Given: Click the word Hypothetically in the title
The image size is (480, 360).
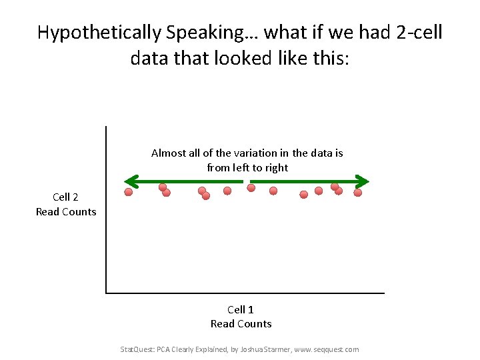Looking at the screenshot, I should [x=91, y=33].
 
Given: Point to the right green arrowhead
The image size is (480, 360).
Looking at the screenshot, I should [x=362, y=181].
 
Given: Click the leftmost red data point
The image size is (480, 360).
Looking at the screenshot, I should [x=129, y=193].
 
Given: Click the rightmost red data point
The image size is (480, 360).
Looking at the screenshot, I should [x=357, y=193].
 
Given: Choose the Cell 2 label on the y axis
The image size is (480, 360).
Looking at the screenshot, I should [x=65, y=197].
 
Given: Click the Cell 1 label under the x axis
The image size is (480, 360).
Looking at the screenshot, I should [x=241, y=309].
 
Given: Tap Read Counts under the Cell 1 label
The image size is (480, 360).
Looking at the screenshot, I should [x=241, y=324].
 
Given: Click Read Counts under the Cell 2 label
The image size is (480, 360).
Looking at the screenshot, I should [x=65, y=212].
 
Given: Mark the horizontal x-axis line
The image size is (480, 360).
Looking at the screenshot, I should [x=267, y=293].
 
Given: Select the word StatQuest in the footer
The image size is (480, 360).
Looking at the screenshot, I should [x=135, y=349].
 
